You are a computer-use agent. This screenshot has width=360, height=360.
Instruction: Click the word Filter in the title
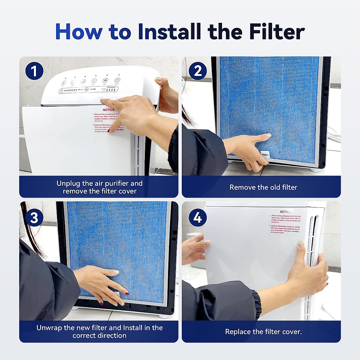[277, 31]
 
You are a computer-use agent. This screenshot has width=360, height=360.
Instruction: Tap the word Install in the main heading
[169, 31]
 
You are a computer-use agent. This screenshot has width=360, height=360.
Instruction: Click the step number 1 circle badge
[34, 71]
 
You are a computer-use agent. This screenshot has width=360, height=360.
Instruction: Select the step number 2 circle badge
[198, 71]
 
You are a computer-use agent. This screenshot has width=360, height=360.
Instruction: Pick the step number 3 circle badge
[34, 217]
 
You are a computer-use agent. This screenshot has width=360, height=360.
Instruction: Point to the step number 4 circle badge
[198, 217]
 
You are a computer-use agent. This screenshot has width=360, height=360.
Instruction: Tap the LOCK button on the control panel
[105, 80]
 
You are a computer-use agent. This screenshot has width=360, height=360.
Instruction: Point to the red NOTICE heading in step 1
[109, 110]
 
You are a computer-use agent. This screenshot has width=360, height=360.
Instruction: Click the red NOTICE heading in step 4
[286, 212]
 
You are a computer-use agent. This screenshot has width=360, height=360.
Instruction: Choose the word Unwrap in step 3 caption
[49, 328]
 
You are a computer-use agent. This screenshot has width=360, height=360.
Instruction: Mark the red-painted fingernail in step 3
[127, 293]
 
